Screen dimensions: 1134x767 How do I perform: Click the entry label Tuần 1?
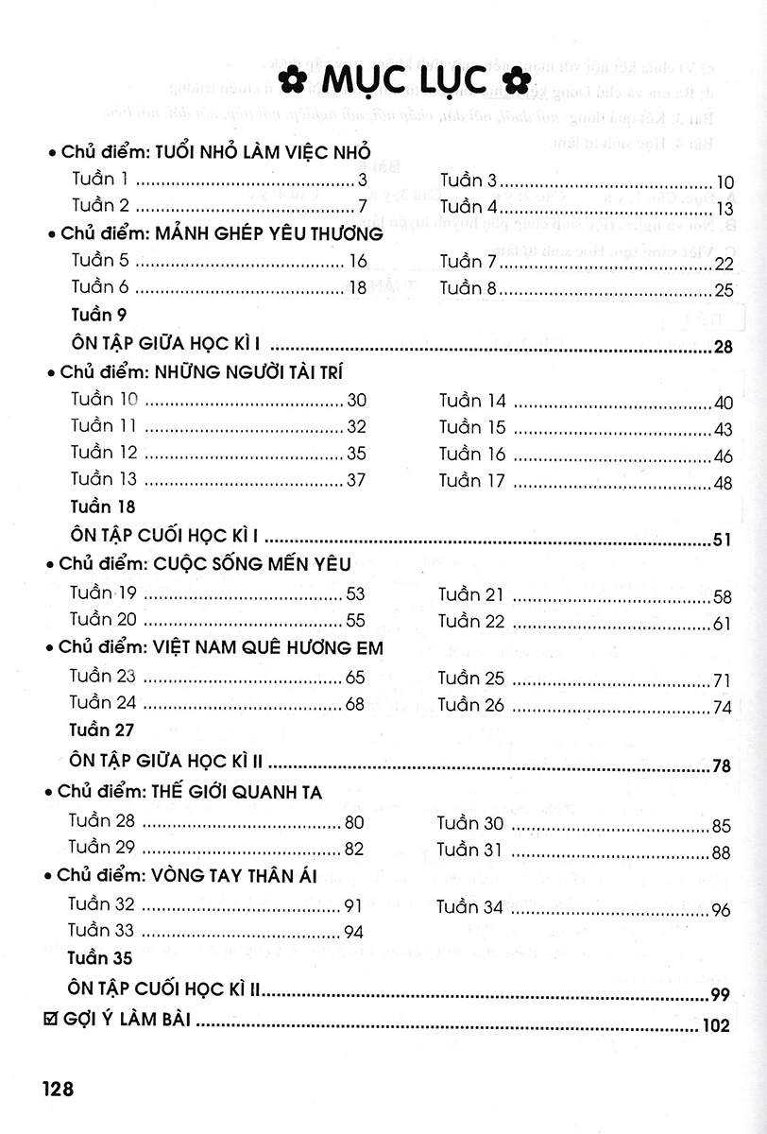click(99, 179)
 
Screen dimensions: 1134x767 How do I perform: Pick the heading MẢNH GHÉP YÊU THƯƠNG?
click(266, 233)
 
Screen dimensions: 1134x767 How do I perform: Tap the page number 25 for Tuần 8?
click(724, 290)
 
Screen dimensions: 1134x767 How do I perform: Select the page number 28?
click(724, 348)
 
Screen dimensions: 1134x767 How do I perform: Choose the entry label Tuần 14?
click(472, 401)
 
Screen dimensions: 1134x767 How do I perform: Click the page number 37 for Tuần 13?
click(356, 480)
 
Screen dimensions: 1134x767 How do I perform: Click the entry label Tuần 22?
click(471, 621)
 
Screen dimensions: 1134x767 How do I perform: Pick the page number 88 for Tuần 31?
click(723, 853)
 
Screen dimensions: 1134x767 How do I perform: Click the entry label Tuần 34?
click(470, 907)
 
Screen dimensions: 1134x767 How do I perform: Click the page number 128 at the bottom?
click(58, 1088)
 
